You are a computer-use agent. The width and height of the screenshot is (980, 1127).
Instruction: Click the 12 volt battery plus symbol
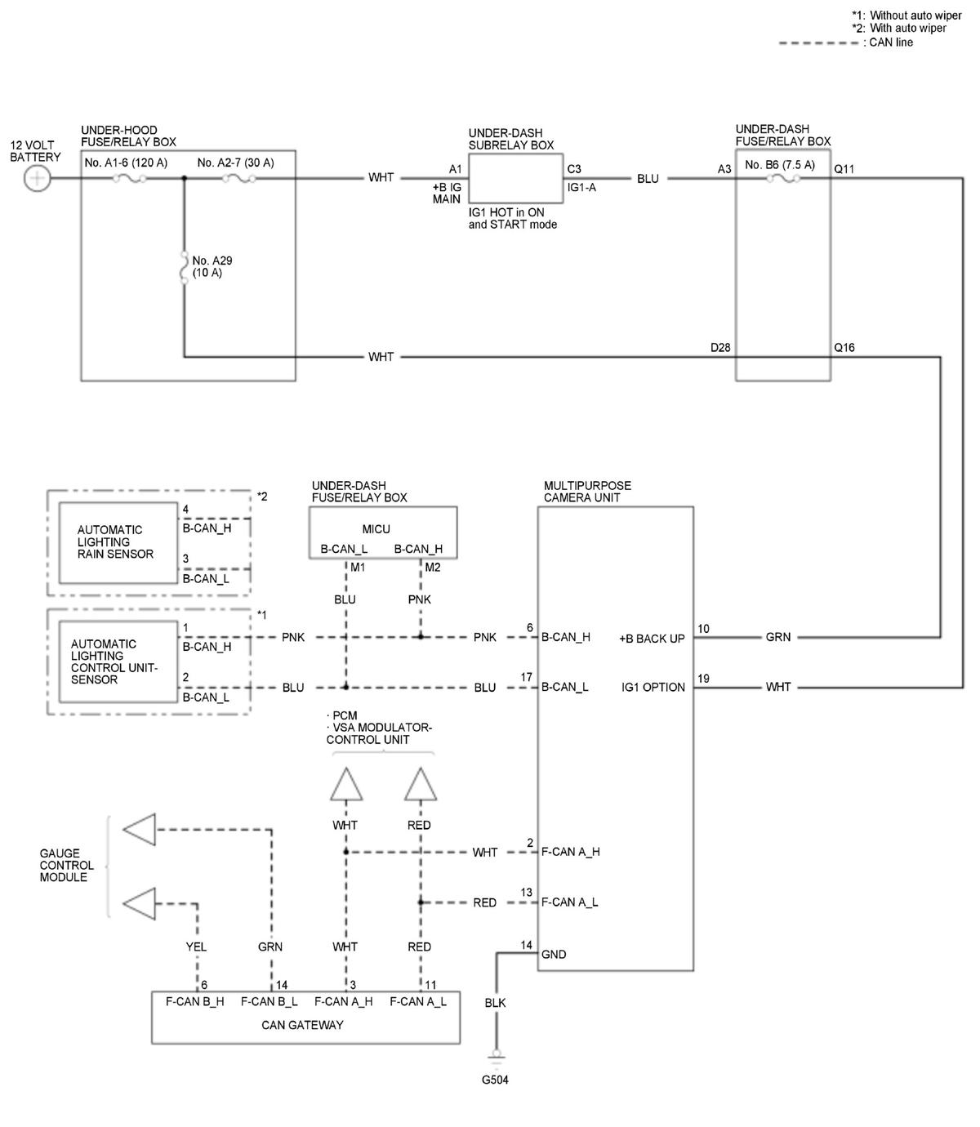[38, 179]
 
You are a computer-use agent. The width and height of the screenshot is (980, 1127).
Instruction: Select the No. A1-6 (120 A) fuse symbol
[129, 178]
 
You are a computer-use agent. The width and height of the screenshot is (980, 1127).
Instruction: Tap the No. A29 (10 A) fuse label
[212, 266]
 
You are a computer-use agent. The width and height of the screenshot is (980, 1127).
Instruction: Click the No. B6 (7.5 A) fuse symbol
[783, 178]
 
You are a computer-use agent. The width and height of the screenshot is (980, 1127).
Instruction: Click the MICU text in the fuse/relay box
[376, 529]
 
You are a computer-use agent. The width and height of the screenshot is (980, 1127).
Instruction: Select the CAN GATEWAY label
[302, 1025]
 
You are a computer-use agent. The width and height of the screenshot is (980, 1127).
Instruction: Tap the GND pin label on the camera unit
[553, 954]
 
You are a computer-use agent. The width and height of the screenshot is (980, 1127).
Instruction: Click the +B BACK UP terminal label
[652, 639]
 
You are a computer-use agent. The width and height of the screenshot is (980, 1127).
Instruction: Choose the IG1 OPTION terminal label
[653, 687]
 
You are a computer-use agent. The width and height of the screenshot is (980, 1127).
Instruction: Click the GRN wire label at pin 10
[777, 637]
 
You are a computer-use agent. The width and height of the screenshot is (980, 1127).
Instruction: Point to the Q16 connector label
[844, 348]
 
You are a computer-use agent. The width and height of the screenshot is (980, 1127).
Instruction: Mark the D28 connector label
[720, 348]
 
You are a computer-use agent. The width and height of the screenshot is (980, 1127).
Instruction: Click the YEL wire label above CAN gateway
[195, 947]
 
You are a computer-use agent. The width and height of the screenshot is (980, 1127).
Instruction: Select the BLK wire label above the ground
[495, 1003]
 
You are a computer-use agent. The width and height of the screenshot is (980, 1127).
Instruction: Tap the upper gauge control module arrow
[140, 829]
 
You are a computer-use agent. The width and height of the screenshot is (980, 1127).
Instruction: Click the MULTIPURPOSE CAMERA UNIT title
[587, 492]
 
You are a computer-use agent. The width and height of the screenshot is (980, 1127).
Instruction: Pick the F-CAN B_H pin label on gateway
[194, 1001]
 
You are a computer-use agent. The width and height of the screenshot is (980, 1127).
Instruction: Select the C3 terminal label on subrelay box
[574, 168]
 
